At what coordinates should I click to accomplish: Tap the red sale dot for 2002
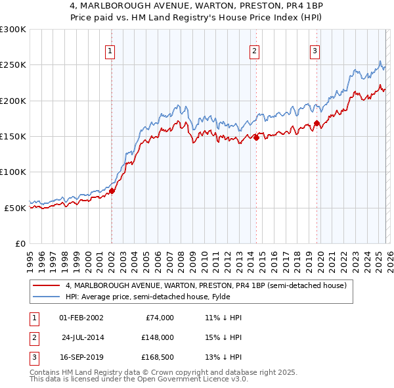112,191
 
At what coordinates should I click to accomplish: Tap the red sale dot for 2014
256,137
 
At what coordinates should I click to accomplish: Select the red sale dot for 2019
317,123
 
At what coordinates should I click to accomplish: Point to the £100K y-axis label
13,172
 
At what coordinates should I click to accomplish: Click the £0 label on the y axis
19,243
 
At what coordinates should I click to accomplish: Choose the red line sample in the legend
46,285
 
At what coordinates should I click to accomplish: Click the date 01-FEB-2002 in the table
81,318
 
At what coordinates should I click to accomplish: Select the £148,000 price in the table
157,337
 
